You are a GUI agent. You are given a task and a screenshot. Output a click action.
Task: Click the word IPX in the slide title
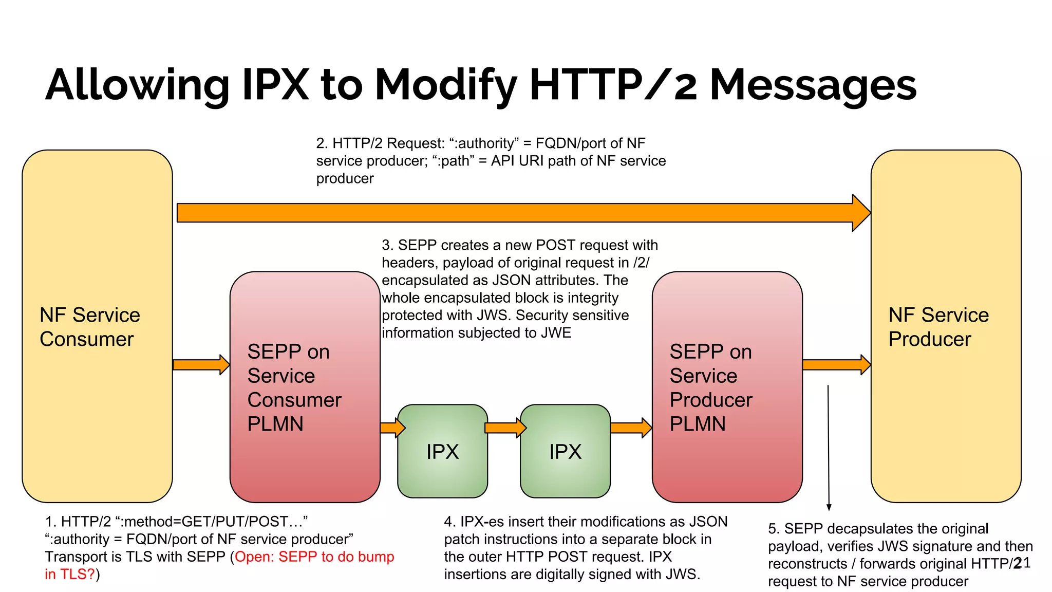[275, 85]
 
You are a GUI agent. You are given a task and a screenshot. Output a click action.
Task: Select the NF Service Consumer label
[89, 327]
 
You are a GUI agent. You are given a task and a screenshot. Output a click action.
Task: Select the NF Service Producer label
[938, 327]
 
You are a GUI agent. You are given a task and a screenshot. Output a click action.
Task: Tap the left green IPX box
[442, 451]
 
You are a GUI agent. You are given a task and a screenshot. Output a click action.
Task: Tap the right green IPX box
[565, 451]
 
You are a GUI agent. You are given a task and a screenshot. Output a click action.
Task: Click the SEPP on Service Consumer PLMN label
[294, 387]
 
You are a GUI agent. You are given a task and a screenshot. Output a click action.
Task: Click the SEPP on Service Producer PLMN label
[711, 387]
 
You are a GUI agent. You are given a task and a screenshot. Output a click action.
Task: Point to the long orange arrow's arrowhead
[861, 213]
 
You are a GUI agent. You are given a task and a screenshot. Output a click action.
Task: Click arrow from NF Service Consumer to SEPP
[201, 365]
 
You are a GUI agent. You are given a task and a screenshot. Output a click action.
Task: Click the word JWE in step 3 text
[556, 332]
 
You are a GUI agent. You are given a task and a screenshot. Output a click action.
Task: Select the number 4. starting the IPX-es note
[450, 522]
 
